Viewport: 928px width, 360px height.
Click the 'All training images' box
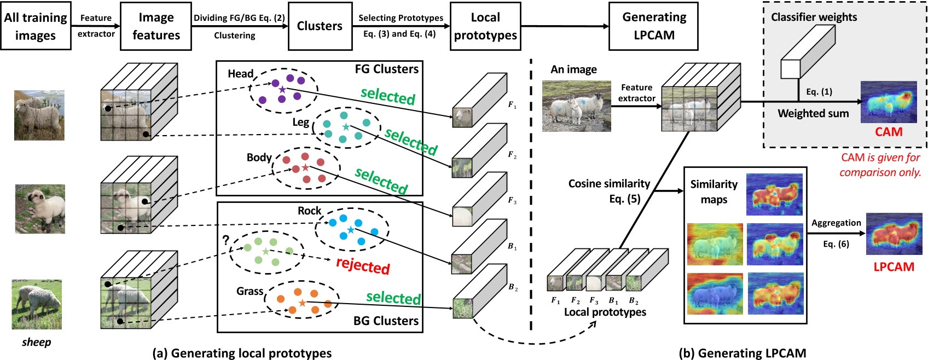click(36, 26)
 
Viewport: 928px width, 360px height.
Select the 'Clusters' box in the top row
click(320, 26)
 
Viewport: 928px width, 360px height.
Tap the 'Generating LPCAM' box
click(653, 26)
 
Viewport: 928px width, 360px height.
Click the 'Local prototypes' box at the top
click(485, 26)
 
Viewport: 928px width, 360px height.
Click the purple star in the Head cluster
click(282, 89)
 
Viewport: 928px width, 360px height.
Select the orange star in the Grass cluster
click(302, 303)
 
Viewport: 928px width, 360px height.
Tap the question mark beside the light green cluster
click(225, 240)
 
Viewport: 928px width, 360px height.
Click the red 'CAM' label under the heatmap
click(889, 132)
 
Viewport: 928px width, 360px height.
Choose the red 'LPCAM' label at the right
click(894, 267)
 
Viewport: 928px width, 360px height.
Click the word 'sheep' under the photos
click(36, 342)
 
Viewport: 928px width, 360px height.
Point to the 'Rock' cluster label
click(309, 211)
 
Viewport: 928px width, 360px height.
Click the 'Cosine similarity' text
click(609, 184)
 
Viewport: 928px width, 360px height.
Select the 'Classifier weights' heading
click(814, 17)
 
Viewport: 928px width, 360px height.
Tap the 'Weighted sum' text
click(813, 113)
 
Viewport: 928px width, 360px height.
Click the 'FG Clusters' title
click(386, 69)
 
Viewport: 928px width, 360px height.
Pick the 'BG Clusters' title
click(386, 321)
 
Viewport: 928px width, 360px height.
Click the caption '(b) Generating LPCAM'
click(743, 353)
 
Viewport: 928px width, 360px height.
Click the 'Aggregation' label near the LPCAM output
click(836, 223)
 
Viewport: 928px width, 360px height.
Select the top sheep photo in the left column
click(39, 115)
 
